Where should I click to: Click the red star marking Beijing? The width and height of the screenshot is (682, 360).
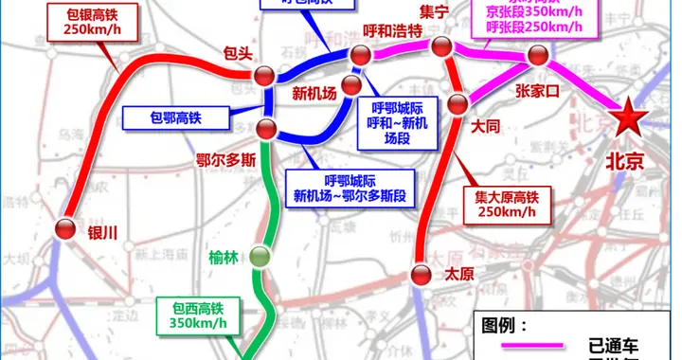coord(626,121)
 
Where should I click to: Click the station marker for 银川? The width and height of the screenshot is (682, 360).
coord(65,228)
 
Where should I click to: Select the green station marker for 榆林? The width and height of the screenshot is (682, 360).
coord(260,255)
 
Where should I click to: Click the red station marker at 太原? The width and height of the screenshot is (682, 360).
coord(422,276)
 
